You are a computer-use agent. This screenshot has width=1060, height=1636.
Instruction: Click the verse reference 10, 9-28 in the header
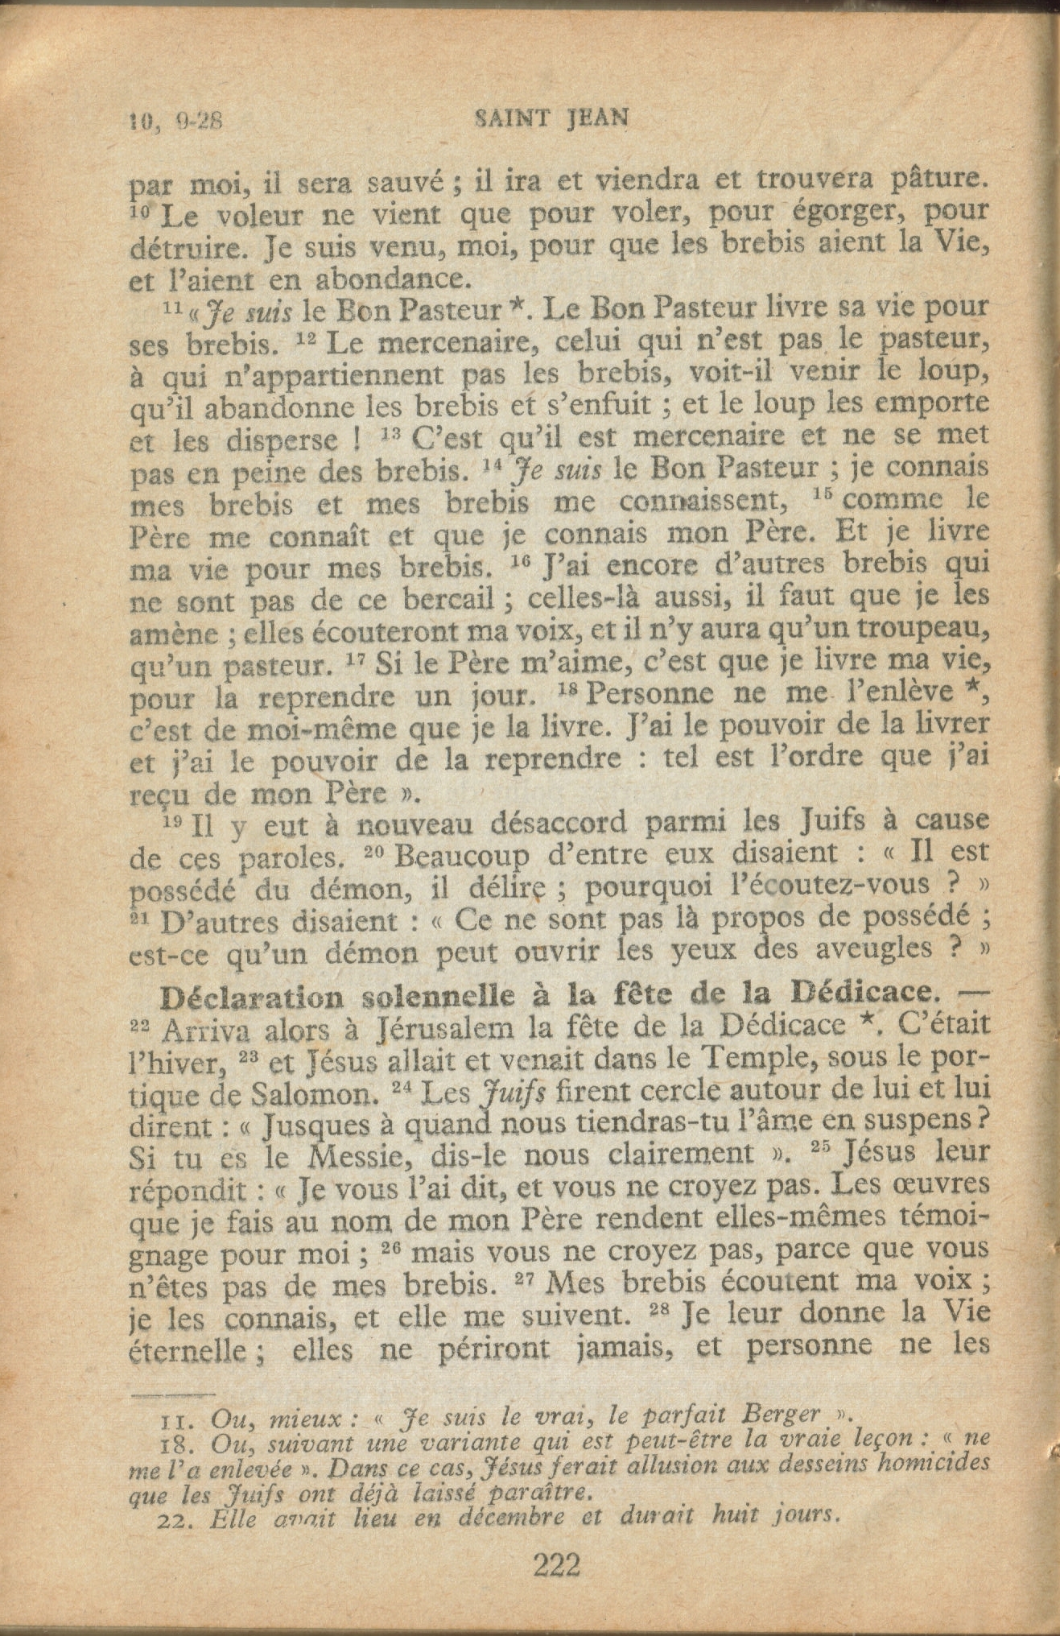(175, 121)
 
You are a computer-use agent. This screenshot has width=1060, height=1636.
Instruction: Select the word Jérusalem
(446, 1029)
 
